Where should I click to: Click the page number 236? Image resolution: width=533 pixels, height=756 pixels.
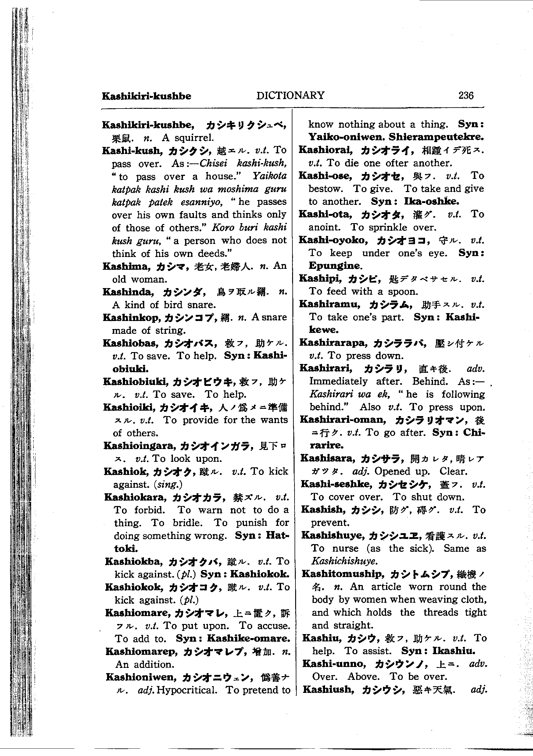point(466,95)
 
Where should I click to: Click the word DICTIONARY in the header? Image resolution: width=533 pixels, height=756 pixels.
point(290,95)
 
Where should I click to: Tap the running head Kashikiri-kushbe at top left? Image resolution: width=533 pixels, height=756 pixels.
point(147,96)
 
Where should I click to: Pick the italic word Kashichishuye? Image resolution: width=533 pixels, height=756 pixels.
point(344,561)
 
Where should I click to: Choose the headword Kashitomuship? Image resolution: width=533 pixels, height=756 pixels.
point(343,574)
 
